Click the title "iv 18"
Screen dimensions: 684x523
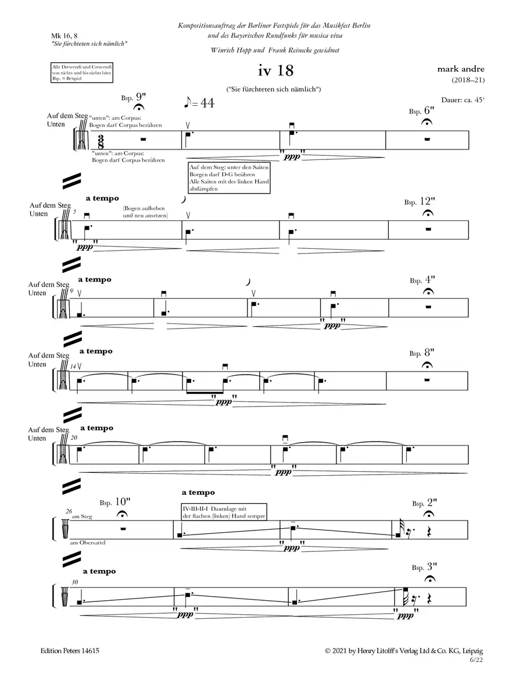coord(277,72)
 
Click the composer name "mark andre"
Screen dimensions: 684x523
coord(460,69)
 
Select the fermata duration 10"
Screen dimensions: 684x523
coord(124,501)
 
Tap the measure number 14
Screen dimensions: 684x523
coord(73,366)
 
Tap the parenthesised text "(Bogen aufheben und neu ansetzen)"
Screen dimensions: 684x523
coord(145,212)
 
